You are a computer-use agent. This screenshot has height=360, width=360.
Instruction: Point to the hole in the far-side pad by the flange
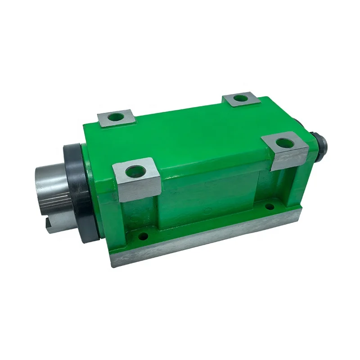(x=116, y=116)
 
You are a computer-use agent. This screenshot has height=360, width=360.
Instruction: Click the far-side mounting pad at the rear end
(x=242, y=99)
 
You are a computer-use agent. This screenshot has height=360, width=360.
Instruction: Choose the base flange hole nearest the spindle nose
(x=144, y=235)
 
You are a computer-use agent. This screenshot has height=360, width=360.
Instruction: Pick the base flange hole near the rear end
(x=269, y=207)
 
